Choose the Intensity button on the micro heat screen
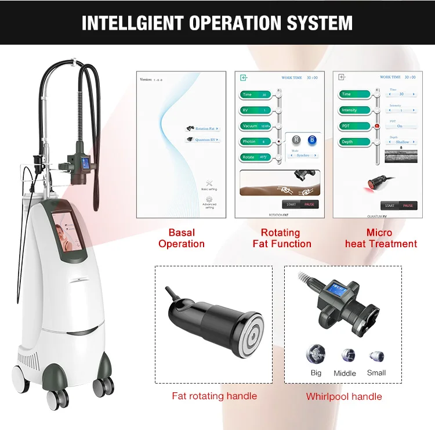pos(353,110)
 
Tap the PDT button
pos(353,126)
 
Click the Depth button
pos(353,142)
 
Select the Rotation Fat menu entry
pos(202,129)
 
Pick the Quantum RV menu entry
pos(202,139)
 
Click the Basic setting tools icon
pos(209,183)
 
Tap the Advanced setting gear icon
pos(209,199)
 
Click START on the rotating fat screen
pos(291,204)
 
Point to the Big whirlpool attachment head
pos(316,353)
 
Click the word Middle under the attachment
pos(345,373)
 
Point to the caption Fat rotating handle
pos(214,396)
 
